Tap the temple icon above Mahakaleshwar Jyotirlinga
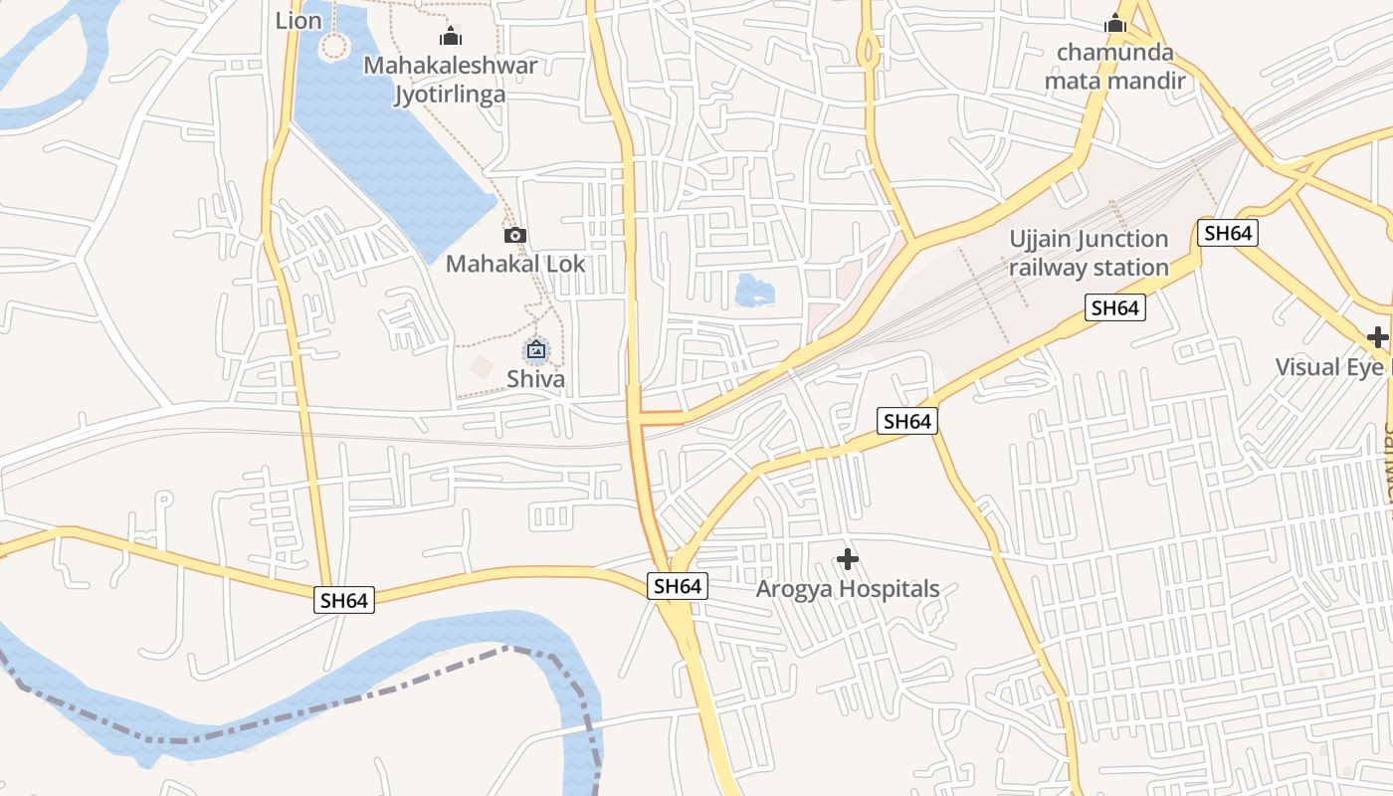click(451, 38)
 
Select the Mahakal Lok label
click(515, 264)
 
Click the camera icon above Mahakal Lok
click(514, 236)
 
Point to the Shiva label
click(535, 379)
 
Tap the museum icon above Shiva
click(535, 350)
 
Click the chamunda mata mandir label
click(1114, 67)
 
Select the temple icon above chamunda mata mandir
click(1115, 23)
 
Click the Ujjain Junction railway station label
click(1089, 253)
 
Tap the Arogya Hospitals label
click(848, 589)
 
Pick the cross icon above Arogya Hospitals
click(848, 559)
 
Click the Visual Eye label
click(1329, 367)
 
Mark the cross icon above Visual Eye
click(1377, 337)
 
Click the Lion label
click(298, 20)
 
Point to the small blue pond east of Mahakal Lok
click(753, 291)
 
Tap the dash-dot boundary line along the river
click(298, 714)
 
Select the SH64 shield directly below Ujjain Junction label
click(1114, 308)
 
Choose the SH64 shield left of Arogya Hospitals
click(679, 586)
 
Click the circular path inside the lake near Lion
click(335, 46)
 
